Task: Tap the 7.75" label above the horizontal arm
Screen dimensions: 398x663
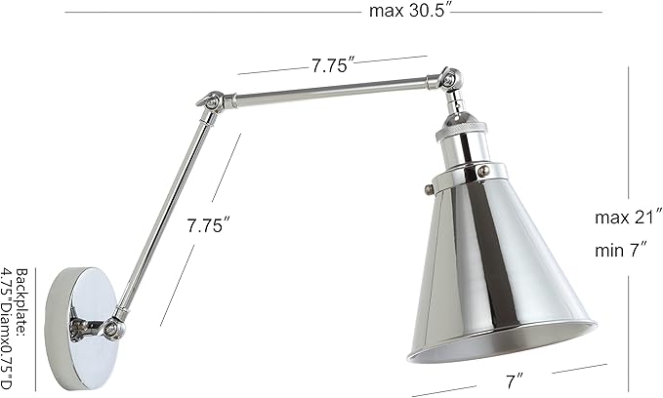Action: (333, 67)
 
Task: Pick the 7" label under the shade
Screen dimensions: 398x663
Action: (514, 376)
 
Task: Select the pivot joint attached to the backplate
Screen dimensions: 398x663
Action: (116, 324)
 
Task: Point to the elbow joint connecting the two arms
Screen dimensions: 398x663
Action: (209, 101)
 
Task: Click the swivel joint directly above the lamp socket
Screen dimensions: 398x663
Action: (448, 80)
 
